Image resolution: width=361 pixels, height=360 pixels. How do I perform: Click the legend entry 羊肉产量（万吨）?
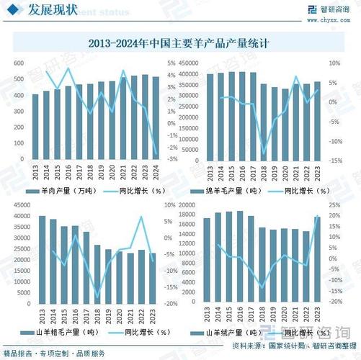[62, 191]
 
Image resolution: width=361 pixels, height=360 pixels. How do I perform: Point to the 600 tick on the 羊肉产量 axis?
[17, 63]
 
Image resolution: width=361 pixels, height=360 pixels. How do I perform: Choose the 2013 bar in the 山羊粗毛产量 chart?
[42, 260]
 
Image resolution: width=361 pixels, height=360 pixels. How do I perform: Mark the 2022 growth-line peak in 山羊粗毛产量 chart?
[141, 217]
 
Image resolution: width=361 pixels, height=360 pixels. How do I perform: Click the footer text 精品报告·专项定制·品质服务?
[54, 354]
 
